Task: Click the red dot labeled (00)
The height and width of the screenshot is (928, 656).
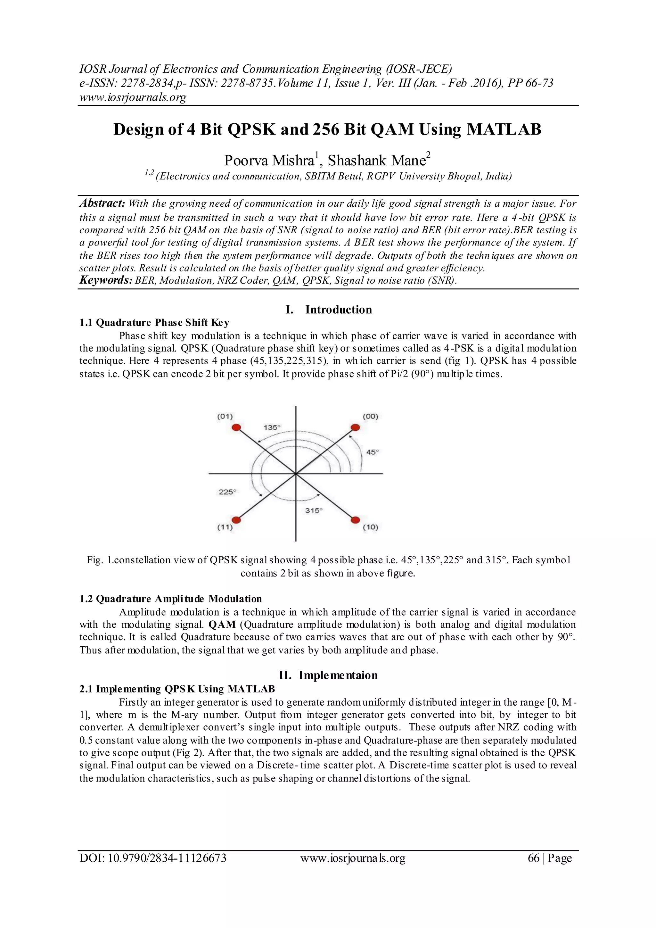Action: (x=355, y=427)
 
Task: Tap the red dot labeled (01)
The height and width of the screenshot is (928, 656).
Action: (x=237, y=427)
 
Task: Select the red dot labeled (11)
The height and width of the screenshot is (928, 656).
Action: (x=237, y=520)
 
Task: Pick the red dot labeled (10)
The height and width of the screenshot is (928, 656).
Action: (x=355, y=520)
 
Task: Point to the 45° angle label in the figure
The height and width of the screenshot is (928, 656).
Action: (x=372, y=452)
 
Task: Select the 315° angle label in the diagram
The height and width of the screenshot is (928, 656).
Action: (x=314, y=510)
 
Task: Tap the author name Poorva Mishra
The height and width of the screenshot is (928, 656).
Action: (x=269, y=161)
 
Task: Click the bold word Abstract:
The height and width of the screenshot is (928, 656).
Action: (x=102, y=203)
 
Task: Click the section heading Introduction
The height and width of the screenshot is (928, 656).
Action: (x=338, y=310)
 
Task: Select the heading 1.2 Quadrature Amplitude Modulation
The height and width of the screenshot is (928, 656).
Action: (x=170, y=599)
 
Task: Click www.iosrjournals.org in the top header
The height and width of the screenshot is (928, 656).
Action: (x=133, y=97)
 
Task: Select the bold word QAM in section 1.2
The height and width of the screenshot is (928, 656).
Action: (x=222, y=625)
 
